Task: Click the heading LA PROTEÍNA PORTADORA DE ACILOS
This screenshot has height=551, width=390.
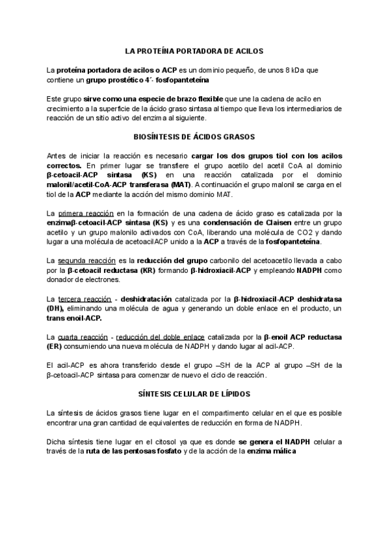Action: point(194,50)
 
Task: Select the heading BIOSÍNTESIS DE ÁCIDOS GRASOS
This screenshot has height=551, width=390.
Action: point(194,137)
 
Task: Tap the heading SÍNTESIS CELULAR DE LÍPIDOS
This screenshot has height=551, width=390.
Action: point(194,394)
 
